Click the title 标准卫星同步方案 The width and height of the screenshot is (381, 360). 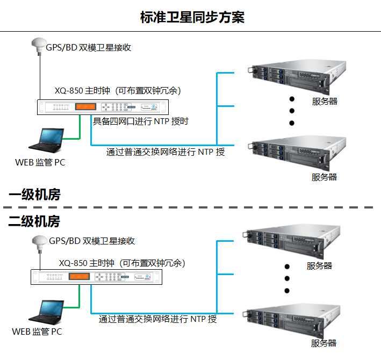click(x=192, y=17)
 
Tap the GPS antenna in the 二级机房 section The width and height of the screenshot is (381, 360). click(x=39, y=241)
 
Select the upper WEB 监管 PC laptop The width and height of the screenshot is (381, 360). click(x=47, y=141)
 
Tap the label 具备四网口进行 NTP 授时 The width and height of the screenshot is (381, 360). click(x=140, y=121)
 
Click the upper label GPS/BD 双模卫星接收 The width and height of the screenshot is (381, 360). click(x=88, y=47)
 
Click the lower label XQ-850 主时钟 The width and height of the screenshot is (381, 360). click(x=87, y=263)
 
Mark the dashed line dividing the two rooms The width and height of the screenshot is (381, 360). click(x=188, y=207)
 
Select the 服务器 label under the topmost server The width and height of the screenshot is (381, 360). click(x=325, y=100)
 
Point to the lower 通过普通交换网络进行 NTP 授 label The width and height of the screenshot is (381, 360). click(x=158, y=319)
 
